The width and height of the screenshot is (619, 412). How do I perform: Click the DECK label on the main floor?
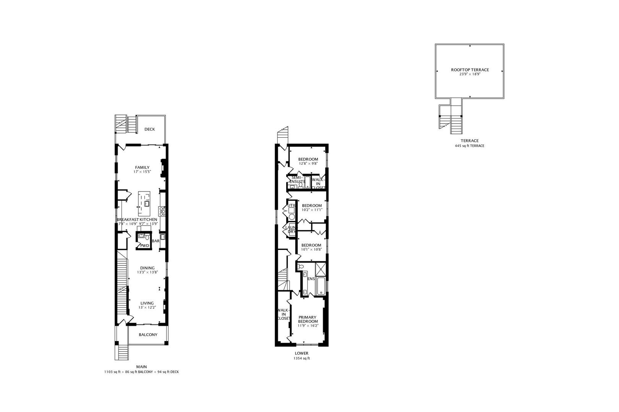tap(150, 129)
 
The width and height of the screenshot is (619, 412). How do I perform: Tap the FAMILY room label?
tap(142, 167)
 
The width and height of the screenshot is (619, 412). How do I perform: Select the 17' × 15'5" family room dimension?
tap(142, 172)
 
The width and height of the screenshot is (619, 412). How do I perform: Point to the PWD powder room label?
tap(144, 245)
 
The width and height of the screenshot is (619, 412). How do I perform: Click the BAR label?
tap(156, 241)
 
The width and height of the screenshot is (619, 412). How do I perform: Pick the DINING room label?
tap(147, 268)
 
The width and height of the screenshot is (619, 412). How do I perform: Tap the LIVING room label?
tap(147, 303)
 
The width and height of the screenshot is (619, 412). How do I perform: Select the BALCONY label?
tap(148, 335)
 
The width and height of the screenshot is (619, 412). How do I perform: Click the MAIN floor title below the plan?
tap(141, 367)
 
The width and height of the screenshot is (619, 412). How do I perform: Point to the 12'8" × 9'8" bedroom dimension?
tap(308, 163)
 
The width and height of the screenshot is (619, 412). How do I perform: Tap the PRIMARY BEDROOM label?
tap(308, 319)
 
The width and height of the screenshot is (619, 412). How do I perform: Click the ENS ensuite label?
tap(311, 279)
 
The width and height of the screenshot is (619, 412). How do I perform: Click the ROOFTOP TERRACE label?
tap(470, 70)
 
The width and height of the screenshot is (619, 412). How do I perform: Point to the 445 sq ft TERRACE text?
tap(470, 146)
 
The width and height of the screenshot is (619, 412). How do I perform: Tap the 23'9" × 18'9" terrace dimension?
tap(470, 74)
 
